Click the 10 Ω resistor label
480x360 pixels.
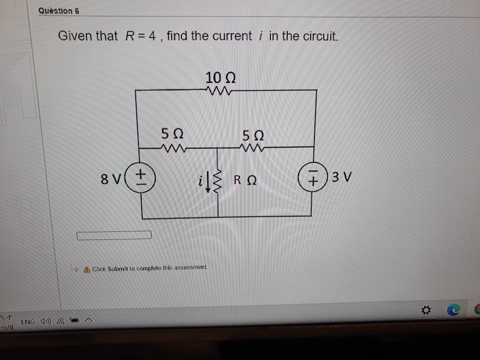pyautogui.click(x=220, y=78)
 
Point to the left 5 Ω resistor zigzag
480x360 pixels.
pyautogui.click(x=172, y=147)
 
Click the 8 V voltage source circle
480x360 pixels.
pyautogui.click(x=142, y=177)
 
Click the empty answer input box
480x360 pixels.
pyautogui.click(x=114, y=235)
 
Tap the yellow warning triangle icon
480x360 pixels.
pyautogui.click(x=86, y=269)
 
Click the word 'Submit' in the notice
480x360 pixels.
pyautogui.click(x=118, y=269)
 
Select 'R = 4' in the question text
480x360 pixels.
pyautogui.click(x=141, y=36)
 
